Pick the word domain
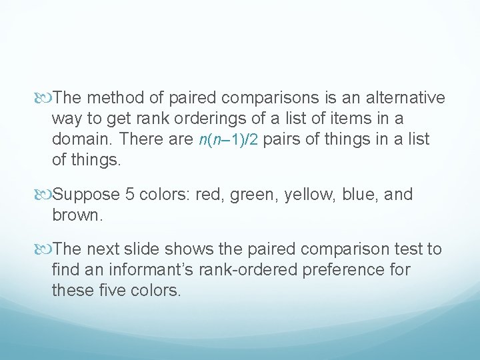81,139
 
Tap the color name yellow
309,195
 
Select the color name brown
75,215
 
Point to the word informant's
149,270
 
